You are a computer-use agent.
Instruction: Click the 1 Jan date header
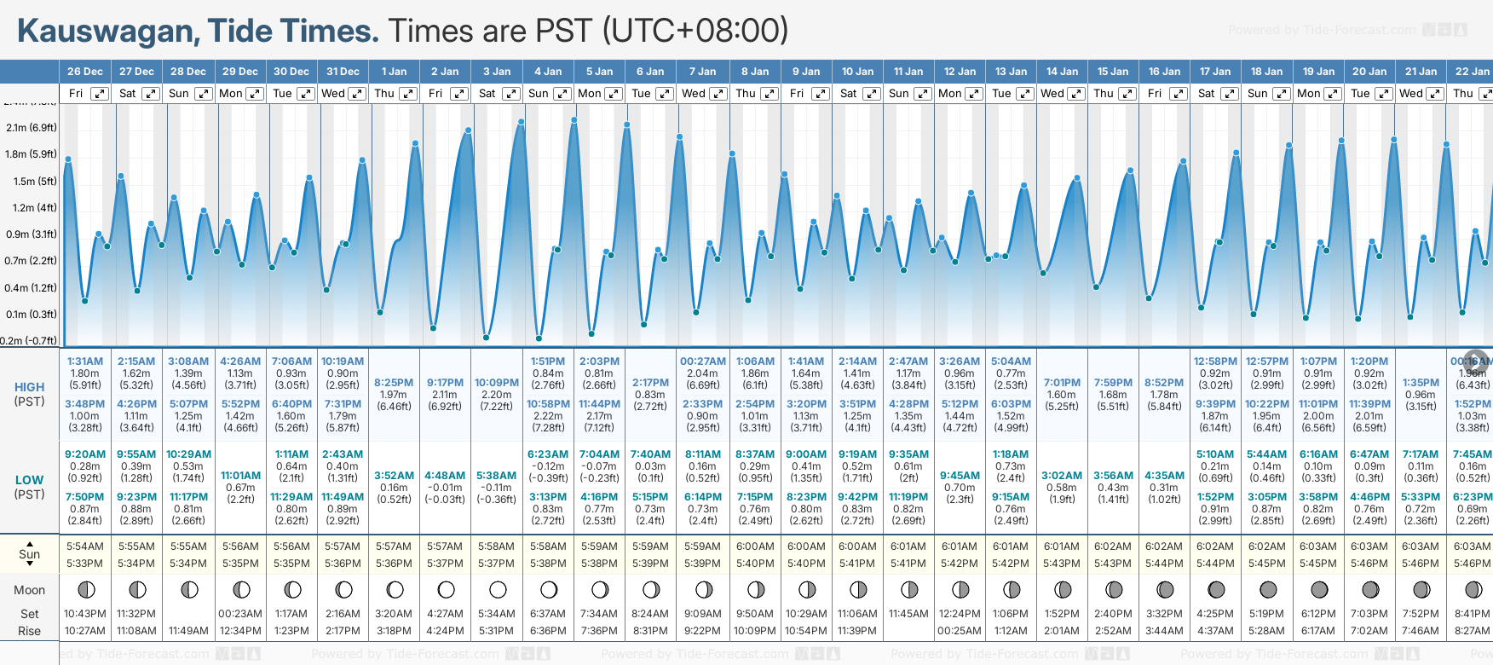pos(394,72)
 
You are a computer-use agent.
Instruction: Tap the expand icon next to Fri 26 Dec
pos(100,94)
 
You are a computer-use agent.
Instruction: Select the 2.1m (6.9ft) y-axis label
pos(31,128)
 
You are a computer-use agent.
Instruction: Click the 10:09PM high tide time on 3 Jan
pos(497,383)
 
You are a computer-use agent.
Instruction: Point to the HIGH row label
pos(29,387)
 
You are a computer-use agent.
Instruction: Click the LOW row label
pos(29,480)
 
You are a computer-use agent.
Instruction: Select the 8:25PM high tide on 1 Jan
pos(394,383)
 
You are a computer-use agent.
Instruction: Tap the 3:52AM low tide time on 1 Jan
pos(394,476)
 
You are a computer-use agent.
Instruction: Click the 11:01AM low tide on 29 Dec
pos(240,476)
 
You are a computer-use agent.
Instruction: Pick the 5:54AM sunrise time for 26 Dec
pos(85,546)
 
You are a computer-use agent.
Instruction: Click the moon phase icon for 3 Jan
pos(498,589)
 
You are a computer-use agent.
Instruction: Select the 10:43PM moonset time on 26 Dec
pos(85,614)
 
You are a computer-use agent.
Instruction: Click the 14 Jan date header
pos(1063,72)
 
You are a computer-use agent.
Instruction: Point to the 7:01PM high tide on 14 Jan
pos(1062,383)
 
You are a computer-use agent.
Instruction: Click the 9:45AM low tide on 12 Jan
pos(960,476)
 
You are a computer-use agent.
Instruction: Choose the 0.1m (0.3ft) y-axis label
pos(31,315)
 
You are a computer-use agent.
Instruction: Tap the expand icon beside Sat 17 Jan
pos(1230,94)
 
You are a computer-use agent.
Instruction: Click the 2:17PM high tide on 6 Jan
pos(650,383)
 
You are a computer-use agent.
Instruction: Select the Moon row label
pos(29,590)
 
